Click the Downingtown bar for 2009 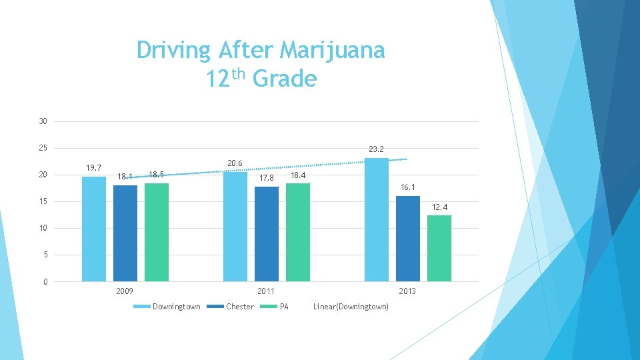94,229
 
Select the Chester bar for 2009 125,233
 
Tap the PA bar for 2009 157,232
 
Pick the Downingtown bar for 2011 235,226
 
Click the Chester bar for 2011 267,233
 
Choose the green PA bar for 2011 298,232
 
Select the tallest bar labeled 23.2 377,219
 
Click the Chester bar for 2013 408,238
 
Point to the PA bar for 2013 439,248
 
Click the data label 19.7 93,167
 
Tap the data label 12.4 439,208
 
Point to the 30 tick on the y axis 43,121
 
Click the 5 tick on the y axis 45,255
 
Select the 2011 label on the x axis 266,291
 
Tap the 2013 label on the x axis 407,291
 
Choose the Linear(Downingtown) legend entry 351,307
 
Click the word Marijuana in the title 333,50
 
